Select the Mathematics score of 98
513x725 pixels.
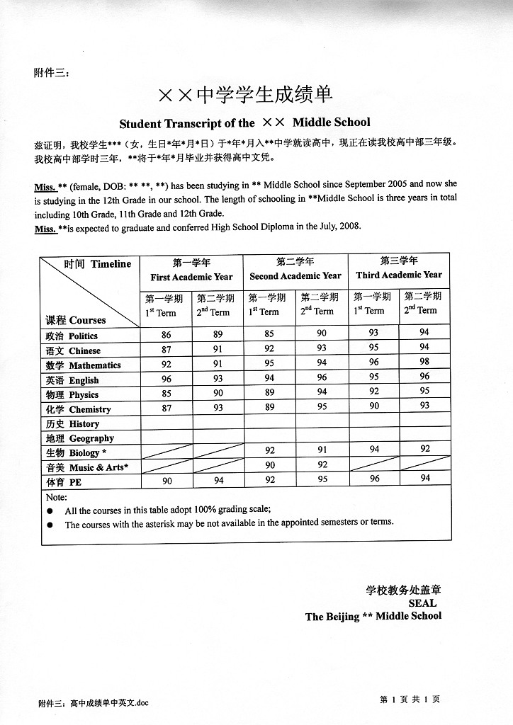[424, 362]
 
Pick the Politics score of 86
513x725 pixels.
[166, 333]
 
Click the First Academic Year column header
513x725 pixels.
[191, 277]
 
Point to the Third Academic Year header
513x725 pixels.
[399, 275]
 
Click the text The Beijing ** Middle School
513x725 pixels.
[373, 617]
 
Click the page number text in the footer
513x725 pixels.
[410, 700]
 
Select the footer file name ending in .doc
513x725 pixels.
[94, 703]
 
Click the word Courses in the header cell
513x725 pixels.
[87, 320]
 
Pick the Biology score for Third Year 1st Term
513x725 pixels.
[374, 449]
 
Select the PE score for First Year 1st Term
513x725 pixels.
[167, 480]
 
